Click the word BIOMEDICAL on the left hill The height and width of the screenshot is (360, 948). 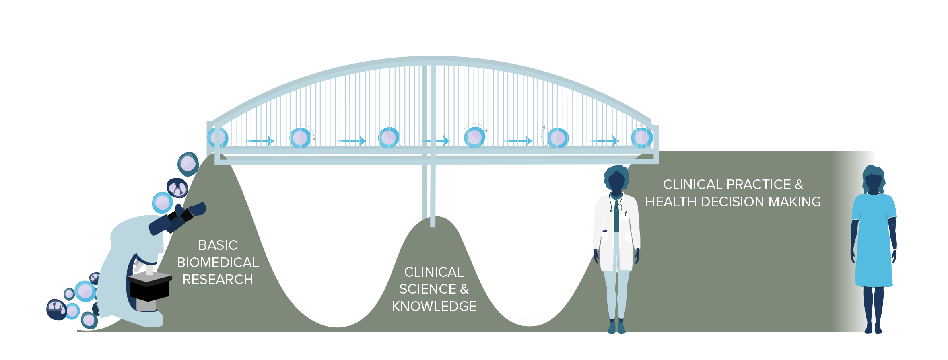[x=218, y=262]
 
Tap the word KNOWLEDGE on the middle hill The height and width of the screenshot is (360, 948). [x=434, y=306]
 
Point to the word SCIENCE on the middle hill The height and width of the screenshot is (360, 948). [x=428, y=289]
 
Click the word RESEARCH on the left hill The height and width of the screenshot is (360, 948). [x=218, y=279]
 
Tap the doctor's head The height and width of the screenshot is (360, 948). [x=616, y=179]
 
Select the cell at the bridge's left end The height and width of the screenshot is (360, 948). [x=218, y=138]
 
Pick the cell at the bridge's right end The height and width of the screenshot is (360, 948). [x=641, y=138]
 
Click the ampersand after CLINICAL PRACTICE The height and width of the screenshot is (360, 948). [x=799, y=184]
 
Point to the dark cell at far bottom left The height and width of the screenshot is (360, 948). [x=56, y=309]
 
